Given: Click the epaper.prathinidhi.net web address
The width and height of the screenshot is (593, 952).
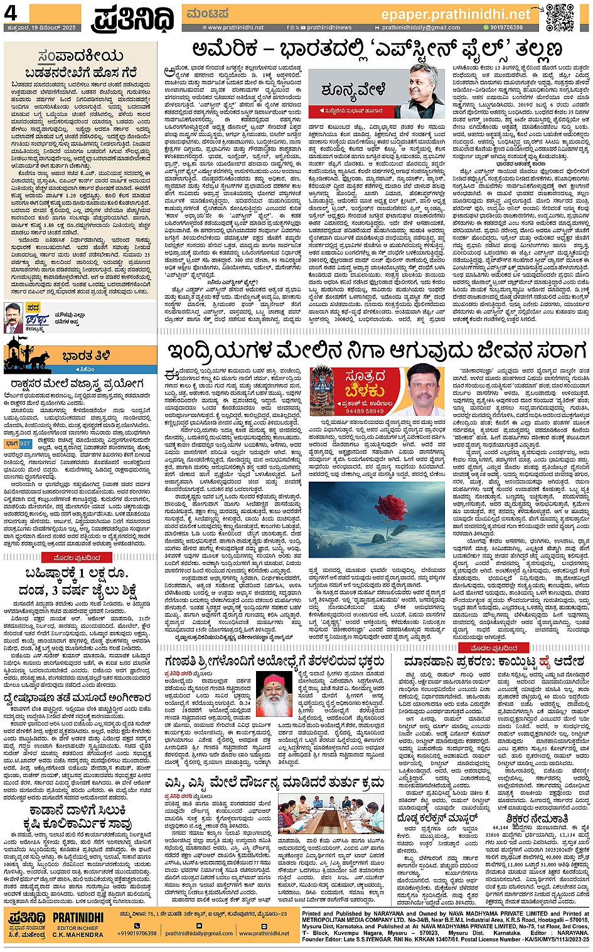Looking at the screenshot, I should tap(456, 14).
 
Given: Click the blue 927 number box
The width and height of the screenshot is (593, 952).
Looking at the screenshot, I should tap(25, 443).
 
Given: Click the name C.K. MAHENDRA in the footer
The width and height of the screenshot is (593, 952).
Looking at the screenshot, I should tap(77, 934).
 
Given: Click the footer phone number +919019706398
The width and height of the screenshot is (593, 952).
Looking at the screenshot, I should tap(137, 933).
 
